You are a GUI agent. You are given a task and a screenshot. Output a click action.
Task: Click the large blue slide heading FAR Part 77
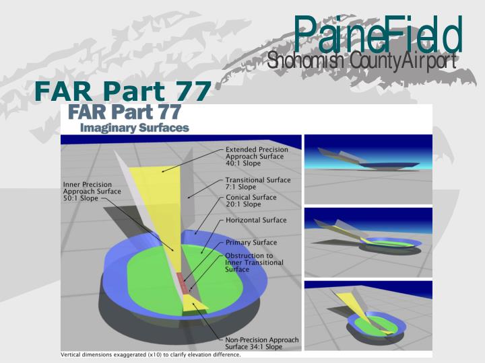tap(123, 92)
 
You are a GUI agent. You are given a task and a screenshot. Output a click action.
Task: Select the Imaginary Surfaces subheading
tap(134, 126)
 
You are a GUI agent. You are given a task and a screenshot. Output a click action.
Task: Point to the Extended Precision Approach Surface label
tap(257, 156)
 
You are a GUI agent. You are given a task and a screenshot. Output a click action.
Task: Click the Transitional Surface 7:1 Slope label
tap(258, 184)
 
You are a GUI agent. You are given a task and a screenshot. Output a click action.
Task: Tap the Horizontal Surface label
tap(256, 220)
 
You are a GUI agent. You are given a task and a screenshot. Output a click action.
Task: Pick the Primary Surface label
tap(251, 242)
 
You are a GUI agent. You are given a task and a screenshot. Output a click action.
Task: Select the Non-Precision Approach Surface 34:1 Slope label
tap(261, 343)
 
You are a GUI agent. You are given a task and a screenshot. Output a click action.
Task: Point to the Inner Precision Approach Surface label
tap(92, 191)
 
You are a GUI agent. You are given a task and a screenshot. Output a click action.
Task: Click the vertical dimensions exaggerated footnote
tap(150, 354)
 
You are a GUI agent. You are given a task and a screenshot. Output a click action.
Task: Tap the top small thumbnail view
tap(367, 168)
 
